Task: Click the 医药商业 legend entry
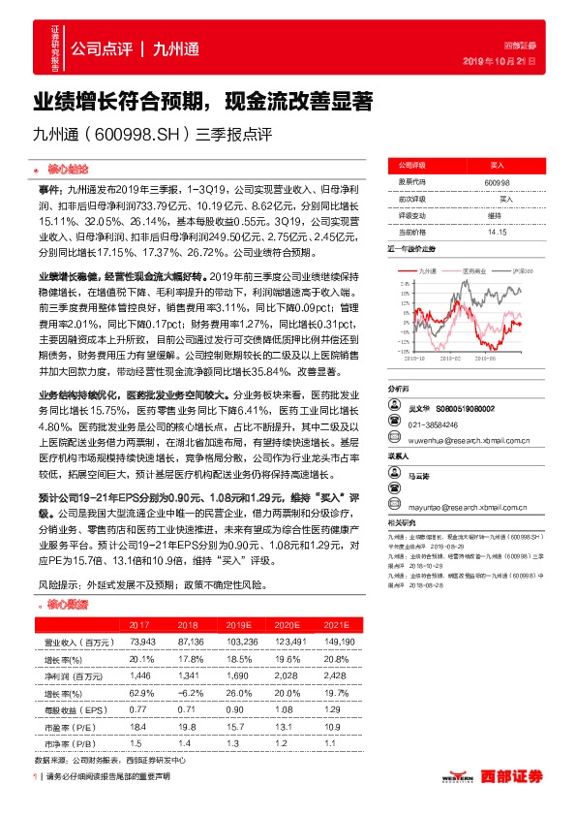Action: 474,270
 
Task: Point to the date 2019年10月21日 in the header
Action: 507,61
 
